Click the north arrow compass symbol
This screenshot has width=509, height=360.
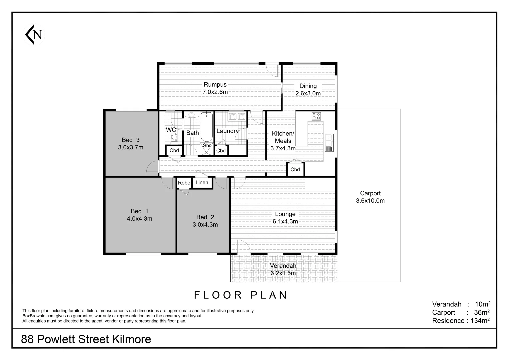coord(34,35)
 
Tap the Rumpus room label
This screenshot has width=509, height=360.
coord(215,85)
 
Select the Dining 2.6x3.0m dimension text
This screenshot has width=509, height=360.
coord(308,94)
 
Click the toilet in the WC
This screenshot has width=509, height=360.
coord(174,137)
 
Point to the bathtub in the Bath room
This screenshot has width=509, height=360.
coord(207,128)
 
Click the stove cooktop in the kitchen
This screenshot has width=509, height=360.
coord(316,116)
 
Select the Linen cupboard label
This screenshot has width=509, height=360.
coord(202,182)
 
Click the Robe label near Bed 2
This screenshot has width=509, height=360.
coord(184,183)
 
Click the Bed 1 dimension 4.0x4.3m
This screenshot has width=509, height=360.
coord(139,219)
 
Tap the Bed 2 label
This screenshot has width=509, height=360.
coord(205,217)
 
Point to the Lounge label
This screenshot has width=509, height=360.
coord(285,214)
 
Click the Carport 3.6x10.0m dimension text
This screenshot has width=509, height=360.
coord(370,201)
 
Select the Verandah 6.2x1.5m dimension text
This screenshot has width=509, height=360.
coord(283,273)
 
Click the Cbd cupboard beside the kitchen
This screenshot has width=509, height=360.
coord(295,170)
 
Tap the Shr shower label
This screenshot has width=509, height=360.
coord(207,146)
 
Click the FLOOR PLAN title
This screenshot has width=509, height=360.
coord(241,295)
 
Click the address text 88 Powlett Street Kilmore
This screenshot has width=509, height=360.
coord(86,339)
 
